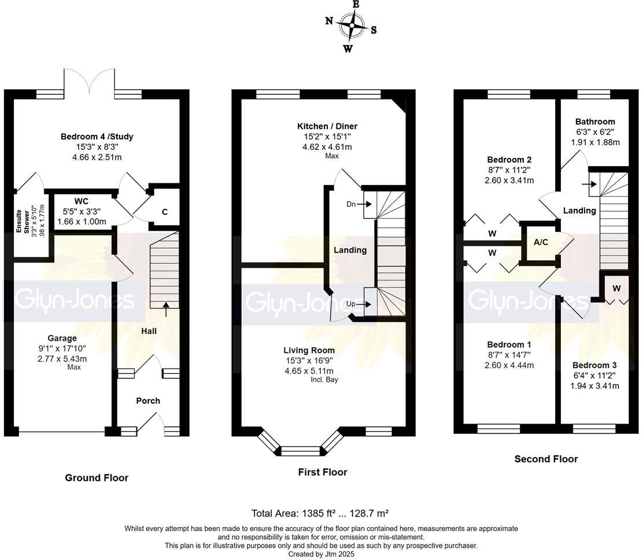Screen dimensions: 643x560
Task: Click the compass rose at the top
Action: pos(352,26)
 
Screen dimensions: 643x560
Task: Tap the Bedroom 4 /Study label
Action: pos(97,137)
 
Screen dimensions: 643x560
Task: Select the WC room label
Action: pos(81,201)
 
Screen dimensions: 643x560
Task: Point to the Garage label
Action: pos(62,338)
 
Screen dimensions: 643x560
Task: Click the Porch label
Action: pos(148,401)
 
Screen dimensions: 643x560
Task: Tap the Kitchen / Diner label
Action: pos(327,126)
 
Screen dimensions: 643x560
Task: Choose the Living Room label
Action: pos(309,351)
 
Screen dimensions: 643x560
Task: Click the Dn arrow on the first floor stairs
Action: pos(364,204)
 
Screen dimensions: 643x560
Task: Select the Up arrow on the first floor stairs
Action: pos(364,304)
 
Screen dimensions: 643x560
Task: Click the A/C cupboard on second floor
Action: pos(541,242)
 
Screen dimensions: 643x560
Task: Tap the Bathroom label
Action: pos(595,121)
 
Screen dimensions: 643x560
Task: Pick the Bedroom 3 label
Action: pos(594,365)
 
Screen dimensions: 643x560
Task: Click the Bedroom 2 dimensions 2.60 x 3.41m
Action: pos(509,180)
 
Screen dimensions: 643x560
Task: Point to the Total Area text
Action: pos(320,513)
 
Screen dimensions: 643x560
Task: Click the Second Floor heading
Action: pos(546,459)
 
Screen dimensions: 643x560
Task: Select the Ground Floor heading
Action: pos(97,478)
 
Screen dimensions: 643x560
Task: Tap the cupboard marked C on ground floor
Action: pos(165,212)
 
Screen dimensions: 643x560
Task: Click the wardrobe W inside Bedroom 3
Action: pos(617,289)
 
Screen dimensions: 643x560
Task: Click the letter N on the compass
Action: pos(329,20)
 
